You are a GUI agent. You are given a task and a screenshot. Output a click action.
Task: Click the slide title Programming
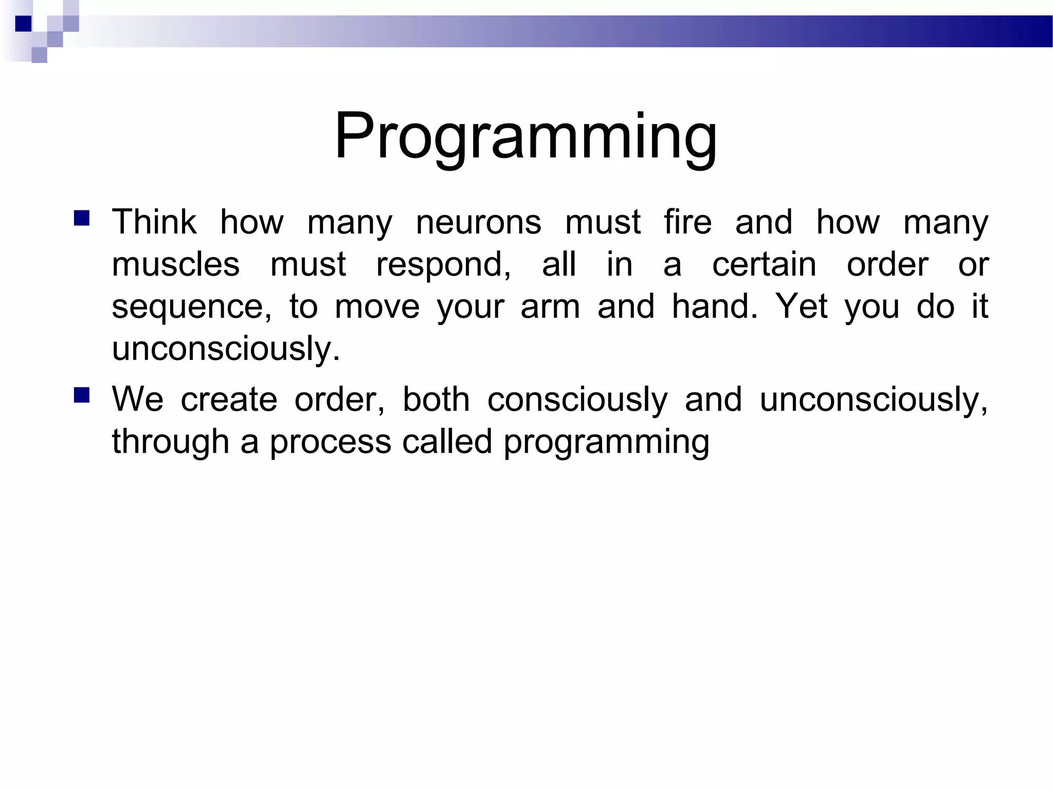tap(525, 137)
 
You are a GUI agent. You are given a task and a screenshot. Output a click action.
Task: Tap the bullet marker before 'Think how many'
tap(82, 218)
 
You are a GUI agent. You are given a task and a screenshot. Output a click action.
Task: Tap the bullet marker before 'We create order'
tap(82, 395)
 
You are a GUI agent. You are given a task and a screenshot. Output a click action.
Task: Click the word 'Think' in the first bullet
tap(154, 222)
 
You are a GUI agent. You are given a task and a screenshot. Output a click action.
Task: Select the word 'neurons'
tap(478, 222)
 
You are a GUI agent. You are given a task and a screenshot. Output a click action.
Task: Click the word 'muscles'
tap(176, 264)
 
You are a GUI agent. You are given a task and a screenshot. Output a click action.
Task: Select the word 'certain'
tap(764, 264)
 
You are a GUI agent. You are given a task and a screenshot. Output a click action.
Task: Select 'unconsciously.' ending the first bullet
tap(226, 350)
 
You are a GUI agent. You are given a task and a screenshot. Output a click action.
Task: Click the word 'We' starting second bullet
tap(137, 399)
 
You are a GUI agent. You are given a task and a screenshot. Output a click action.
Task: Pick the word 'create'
tap(229, 399)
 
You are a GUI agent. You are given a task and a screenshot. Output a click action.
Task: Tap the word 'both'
tap(436, 399)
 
